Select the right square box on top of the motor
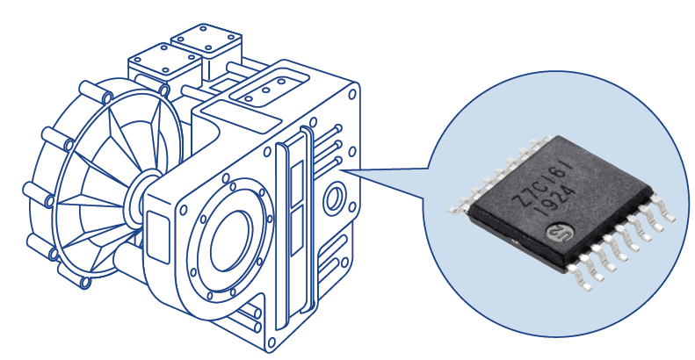(x=207, y=42)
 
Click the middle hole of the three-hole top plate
(x=266, y=90)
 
